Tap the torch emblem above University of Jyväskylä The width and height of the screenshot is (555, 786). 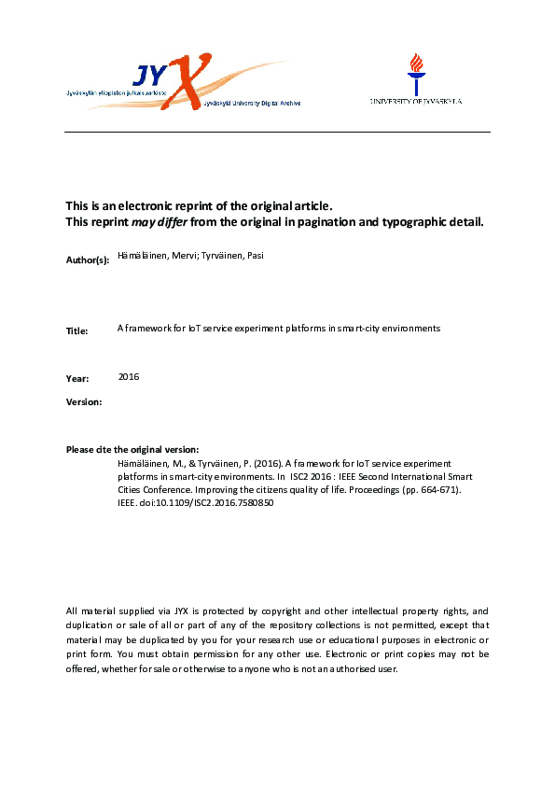416,71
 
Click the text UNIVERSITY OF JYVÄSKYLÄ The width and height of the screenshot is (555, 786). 416,101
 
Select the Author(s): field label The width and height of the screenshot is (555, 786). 87,260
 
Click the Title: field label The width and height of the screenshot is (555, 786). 77,331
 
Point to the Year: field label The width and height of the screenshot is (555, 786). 77,379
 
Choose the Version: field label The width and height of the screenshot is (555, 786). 84,401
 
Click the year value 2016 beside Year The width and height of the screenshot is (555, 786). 129,376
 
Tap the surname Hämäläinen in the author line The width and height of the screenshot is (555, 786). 140,256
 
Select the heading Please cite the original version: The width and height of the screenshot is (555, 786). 132,450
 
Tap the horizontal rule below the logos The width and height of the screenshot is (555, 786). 277,133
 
